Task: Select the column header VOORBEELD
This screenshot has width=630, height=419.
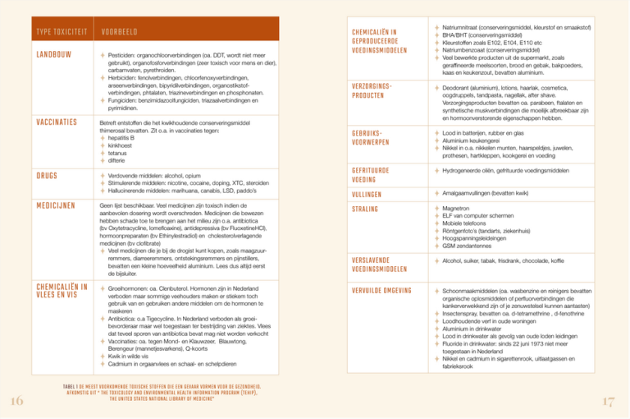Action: click(x=119, y=32)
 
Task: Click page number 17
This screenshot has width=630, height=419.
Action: click(x=608, y=401)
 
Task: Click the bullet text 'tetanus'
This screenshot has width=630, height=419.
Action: click(x=119, y=152)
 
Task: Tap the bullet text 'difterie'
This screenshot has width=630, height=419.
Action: click(x=119, y=159)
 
